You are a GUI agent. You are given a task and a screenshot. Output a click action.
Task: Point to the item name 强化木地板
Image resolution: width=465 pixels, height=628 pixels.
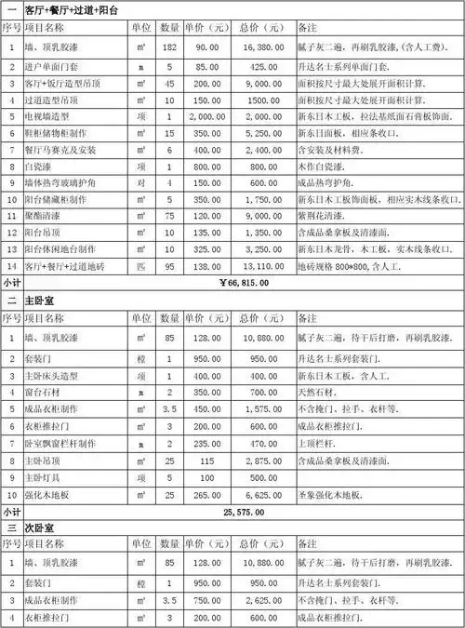(47, 494)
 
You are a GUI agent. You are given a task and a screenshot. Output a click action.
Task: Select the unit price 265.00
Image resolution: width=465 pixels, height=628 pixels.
(201, 494)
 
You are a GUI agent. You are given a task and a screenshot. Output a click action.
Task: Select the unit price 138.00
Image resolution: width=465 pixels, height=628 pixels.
(201, 266)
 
